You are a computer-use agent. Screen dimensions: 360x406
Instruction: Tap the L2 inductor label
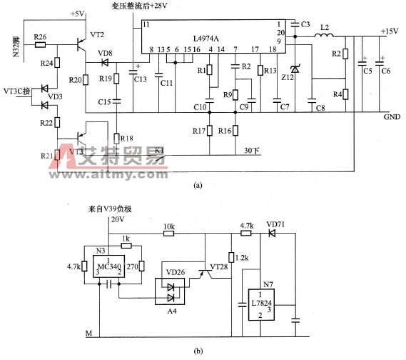(325, 28)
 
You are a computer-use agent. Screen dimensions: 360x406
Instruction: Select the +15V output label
(390, 31)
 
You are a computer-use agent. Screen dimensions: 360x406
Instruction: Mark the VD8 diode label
(104, 54)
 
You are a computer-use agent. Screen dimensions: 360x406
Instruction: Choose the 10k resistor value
(169, 226)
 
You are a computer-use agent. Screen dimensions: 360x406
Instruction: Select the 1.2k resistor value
(243, 257)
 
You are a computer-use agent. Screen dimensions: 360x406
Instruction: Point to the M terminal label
(89, 333)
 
